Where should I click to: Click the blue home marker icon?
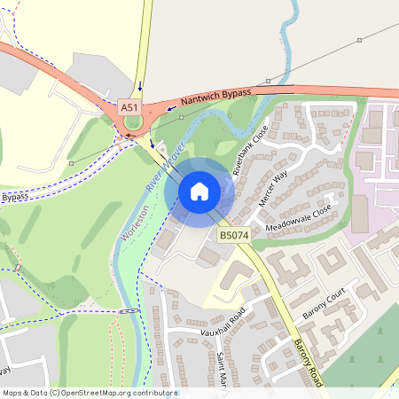click(199, 191)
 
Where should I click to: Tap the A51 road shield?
click(130, 107)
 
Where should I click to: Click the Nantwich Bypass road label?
click(216, 96)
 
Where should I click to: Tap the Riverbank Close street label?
click(249, 148)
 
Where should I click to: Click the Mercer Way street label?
click(273, 189)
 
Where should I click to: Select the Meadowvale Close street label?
click(296, 216)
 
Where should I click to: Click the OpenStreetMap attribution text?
click(89, 392)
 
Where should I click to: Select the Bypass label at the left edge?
click(14, 197)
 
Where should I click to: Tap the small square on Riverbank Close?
click(256, 117)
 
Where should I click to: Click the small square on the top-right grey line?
click(360, 41)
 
